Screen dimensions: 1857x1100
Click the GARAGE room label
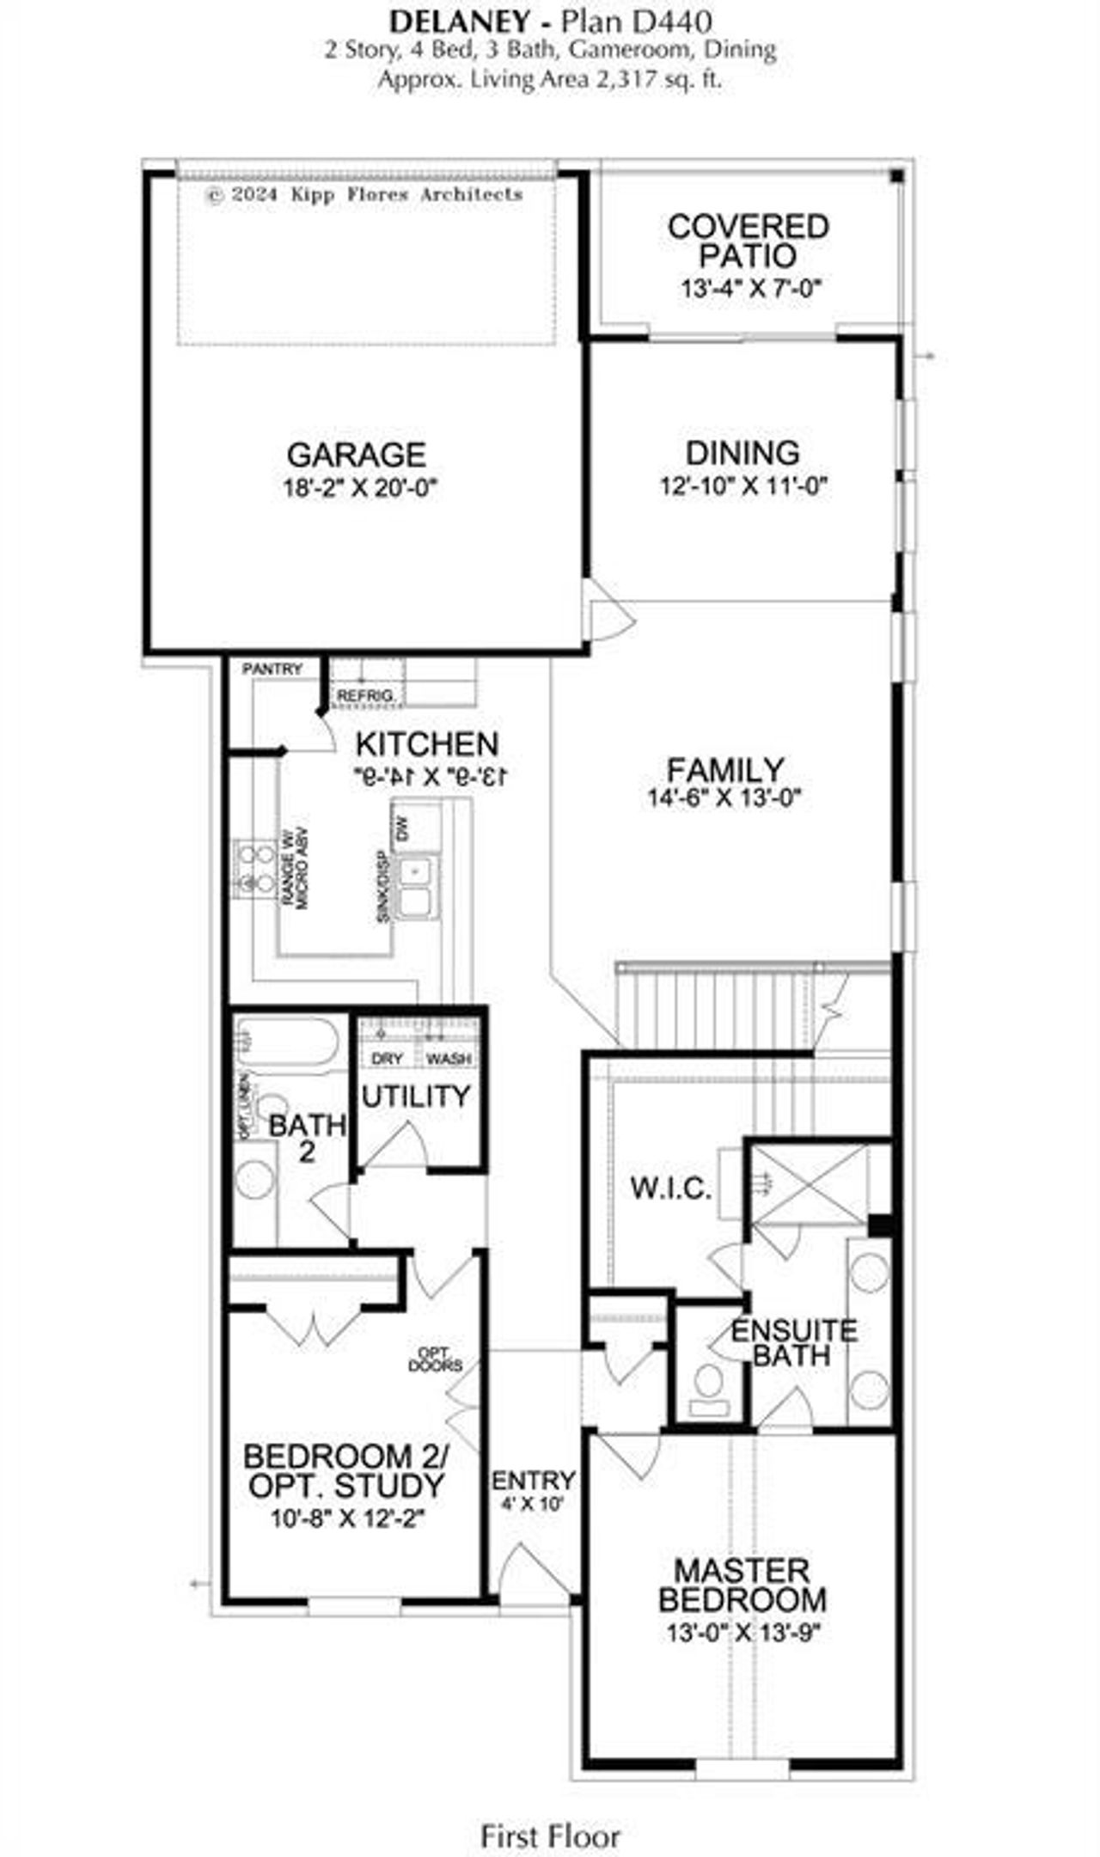point(356,454)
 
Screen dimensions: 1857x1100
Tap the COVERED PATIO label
point(748,241)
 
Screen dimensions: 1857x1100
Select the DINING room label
point(742,453)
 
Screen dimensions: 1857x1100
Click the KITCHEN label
point(427,743)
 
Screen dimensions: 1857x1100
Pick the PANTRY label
point(272,669)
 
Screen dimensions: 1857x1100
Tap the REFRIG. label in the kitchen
point(366,694)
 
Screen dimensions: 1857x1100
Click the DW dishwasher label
point(402,828)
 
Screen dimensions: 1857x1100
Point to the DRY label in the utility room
point(387,1059)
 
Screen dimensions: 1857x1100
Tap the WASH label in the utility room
point(449,1059)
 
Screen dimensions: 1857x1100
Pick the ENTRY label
point(533,1480)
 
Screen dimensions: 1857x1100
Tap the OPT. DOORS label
point(436,1359)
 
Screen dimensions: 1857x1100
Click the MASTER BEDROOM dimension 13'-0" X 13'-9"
point(743,1632)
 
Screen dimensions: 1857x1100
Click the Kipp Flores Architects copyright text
point(364,194)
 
